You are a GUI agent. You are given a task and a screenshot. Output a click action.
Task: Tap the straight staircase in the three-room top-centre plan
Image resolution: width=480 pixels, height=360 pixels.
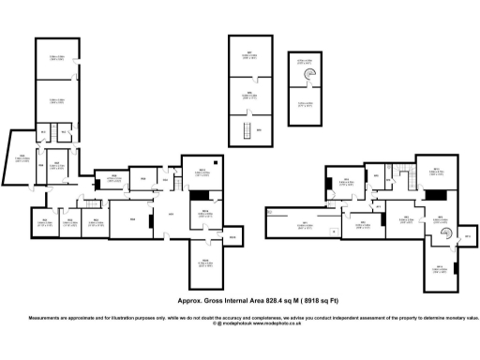coord(246,131)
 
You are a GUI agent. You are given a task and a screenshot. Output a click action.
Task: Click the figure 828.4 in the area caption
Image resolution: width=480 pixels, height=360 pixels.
coord(272,302)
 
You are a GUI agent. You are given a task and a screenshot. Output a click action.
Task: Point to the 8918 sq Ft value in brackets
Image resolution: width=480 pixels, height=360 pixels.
coord(323,302)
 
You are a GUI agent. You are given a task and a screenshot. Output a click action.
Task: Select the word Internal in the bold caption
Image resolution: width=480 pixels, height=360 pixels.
coord(234,302)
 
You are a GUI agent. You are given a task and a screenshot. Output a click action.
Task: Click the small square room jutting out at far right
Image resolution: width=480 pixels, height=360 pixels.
coord(466,240)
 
